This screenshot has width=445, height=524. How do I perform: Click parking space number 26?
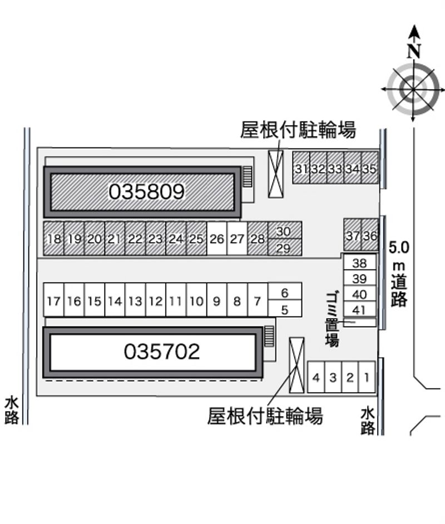[x=217, y=239]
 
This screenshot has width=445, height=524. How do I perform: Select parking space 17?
[x=54, y=300]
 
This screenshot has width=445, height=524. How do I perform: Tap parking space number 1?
[x=367, y=377]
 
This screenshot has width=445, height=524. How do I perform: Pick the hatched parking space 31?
[x=301, y=168]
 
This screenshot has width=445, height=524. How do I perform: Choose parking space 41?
[x=359, y=309]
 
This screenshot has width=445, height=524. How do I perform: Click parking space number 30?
[x=285, y=230]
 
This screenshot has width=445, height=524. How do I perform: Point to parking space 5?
[x=285, y=309]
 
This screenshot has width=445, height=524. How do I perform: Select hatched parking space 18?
[x=54, y=239]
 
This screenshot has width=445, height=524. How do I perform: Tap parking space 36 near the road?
[x=370, y=235]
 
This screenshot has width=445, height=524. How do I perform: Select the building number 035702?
[x=162, y=351]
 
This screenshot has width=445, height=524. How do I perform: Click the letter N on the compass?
[x=414, y=51]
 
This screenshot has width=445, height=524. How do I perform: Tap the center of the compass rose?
[x=413, y=90]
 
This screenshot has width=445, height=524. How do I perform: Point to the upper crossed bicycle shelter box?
[x=276, y=174]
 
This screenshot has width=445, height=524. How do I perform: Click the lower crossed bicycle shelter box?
[x=296, y=365]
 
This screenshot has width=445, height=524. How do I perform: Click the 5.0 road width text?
[x=399, y=248]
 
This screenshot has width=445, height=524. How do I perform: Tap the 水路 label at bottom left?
[x=12, y=410]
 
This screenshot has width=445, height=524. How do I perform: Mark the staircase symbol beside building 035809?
[x=248, y=177]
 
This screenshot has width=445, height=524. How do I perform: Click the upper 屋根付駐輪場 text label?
[x=298, y=129]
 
